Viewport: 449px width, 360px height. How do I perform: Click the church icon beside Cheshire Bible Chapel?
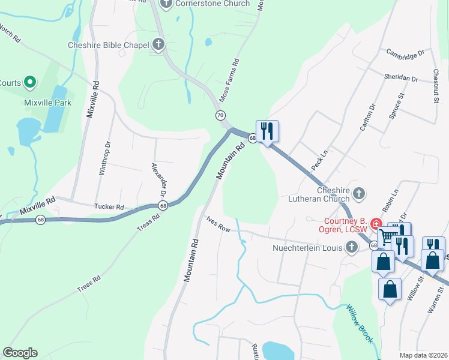point(158,44)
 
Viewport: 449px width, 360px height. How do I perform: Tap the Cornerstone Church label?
point(212,4)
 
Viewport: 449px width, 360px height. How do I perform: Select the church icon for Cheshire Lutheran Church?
point(359,193)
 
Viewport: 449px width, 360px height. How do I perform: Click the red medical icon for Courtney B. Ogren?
point(376,224)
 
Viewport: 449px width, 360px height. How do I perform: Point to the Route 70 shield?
point(221,115)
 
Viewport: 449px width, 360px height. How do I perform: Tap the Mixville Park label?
point(48,103)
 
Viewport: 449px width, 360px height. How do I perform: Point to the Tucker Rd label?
point(109,207)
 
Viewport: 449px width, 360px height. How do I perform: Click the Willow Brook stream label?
point(359,325)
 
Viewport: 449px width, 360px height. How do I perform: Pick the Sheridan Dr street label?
point(401,79)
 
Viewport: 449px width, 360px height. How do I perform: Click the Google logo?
point(20,353)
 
